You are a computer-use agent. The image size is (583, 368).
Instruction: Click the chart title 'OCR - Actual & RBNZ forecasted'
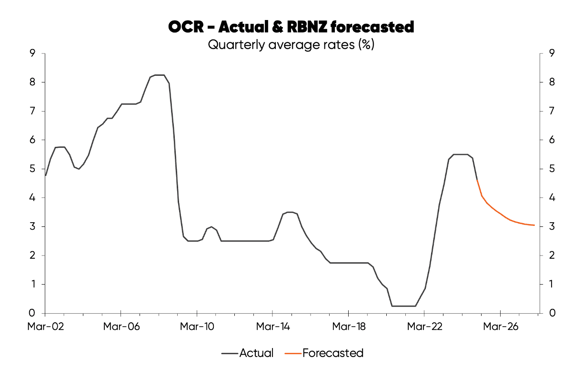pos(291,27)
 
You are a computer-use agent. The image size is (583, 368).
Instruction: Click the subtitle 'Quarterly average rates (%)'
pos(291,45)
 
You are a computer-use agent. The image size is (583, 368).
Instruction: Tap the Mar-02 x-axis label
pos(45,327)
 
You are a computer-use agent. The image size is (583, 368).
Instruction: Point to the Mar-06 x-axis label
pos(121,327)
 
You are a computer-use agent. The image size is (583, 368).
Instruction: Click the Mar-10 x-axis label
pos(197,327)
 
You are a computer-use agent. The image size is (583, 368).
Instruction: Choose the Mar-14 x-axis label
pos(272,327)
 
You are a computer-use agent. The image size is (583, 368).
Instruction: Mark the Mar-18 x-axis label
pos(348,327)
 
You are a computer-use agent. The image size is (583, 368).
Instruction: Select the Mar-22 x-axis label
pos(424,327)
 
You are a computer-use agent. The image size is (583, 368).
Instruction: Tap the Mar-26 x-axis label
pos(500,327)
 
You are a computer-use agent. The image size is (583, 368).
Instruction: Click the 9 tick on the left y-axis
pos(33,53)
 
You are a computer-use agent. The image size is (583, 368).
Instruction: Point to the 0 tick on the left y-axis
pos(33,313)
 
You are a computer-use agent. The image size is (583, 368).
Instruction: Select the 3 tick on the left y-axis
pos(33,226)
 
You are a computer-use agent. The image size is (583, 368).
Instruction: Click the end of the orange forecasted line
pos(534,225)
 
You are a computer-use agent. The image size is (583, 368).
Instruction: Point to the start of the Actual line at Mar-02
pos(46,175)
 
